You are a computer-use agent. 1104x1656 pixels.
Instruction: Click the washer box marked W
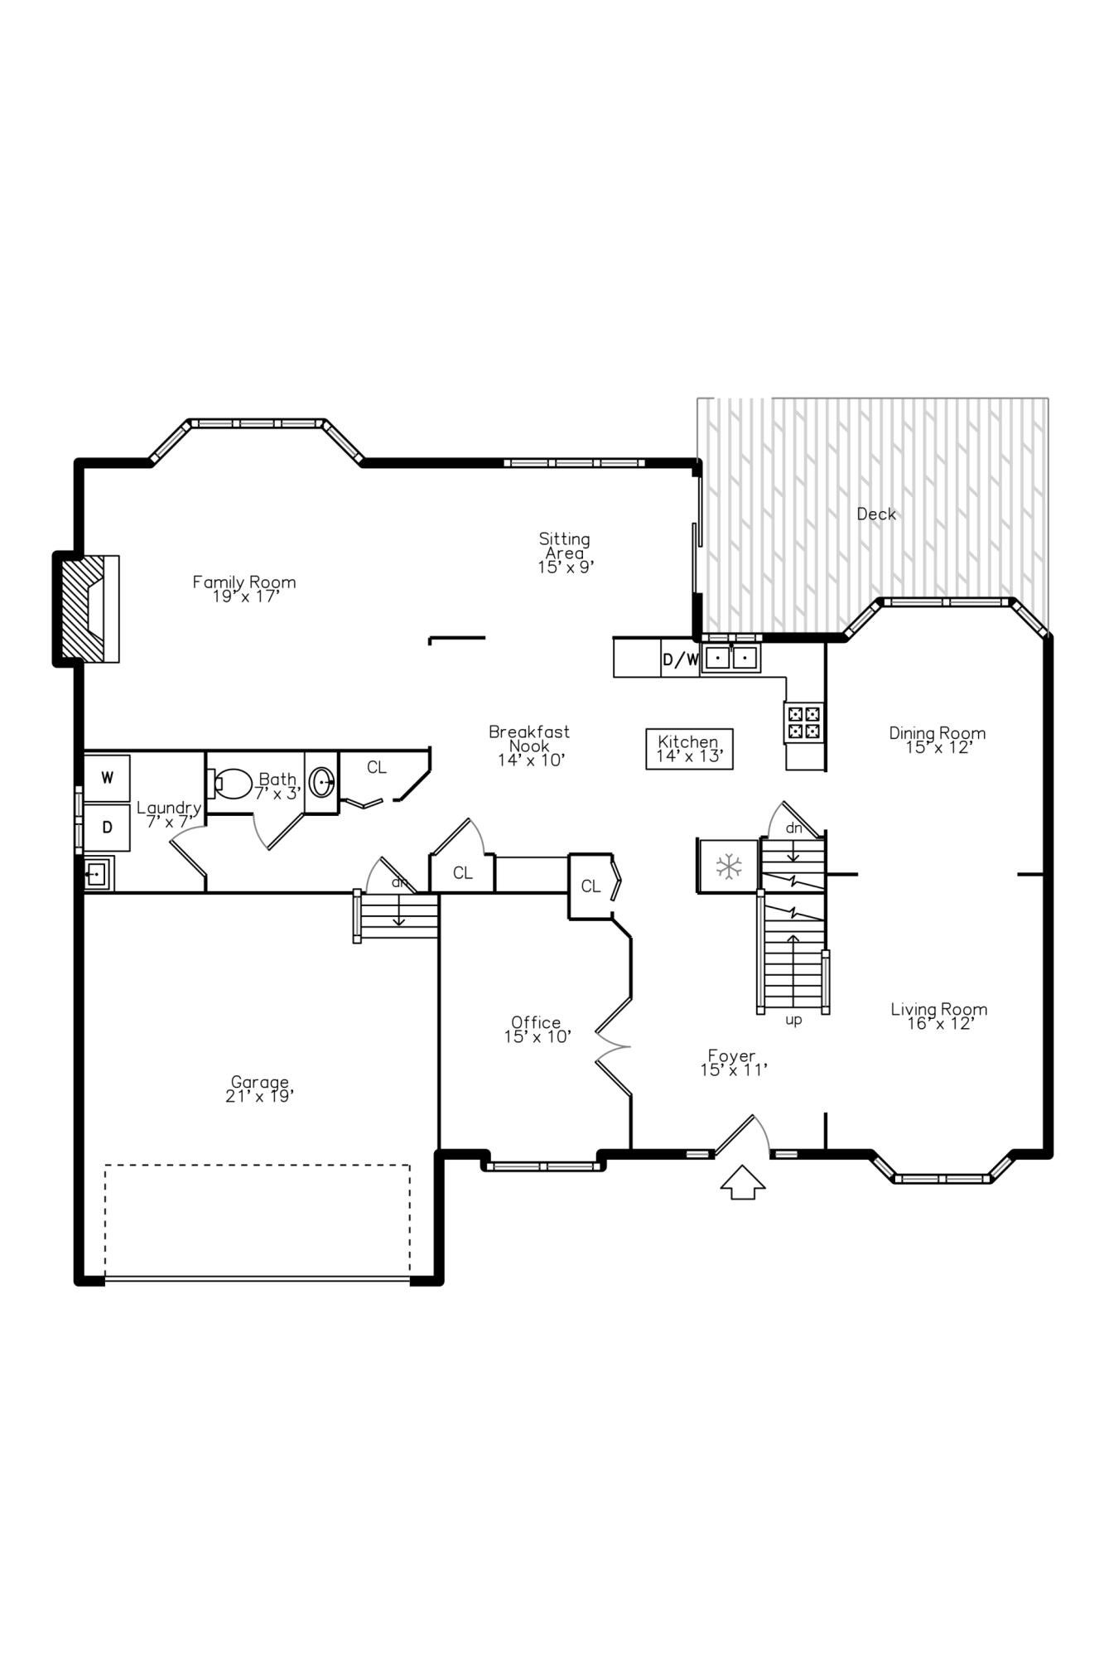(x=107, y=778)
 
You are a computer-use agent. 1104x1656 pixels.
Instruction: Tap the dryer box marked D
(x=107, y=827)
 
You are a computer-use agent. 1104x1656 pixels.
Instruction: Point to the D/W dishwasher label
(x=681, y=659)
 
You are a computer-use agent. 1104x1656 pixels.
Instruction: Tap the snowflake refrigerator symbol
(x=728, y=867)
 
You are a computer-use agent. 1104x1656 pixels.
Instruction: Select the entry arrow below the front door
(x=742, y=1182)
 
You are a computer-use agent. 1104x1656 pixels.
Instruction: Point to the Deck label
(x=876, y=514)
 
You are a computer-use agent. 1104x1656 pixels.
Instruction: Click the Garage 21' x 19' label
(x=260, y=1089)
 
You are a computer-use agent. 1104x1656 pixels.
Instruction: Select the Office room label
(x=537, y=1029)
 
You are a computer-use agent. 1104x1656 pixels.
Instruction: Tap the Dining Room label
(x=938, y=740)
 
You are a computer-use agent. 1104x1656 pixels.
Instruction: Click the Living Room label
(x=939, y=1016)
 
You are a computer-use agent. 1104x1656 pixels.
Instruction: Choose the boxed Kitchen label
(x=689, y=749)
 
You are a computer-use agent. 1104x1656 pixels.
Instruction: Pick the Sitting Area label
(x=565, y=553)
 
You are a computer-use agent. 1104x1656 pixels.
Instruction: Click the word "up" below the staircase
(x=793, y=1021)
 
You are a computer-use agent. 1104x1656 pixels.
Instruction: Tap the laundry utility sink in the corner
(x=98, y=873)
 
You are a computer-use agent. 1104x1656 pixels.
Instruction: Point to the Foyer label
(x=732, y=1063)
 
